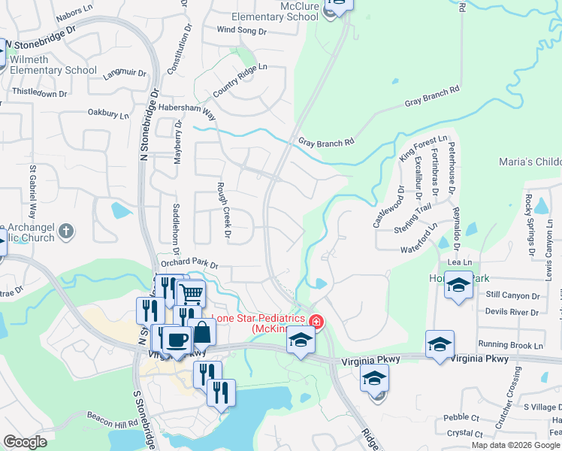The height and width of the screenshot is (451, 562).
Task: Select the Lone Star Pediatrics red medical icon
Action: coord(316,322)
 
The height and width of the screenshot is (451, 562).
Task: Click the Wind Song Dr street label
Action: coord(241,31)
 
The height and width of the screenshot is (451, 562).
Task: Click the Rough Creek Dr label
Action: coord(222,210)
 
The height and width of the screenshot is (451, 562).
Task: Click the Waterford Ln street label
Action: coord(418,244)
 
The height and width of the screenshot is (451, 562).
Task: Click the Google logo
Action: coord(26,442)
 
